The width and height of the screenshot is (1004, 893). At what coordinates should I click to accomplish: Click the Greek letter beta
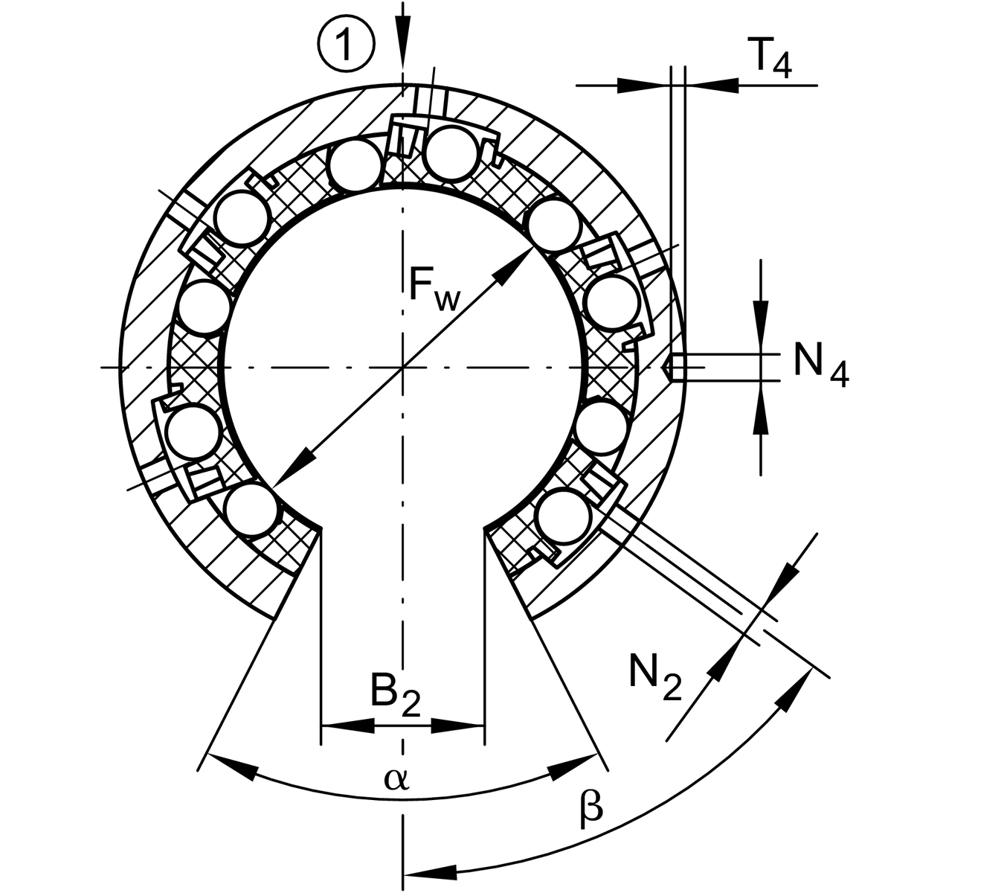click(x=591, y=809)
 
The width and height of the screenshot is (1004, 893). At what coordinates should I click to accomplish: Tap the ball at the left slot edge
click(x=253, y=509)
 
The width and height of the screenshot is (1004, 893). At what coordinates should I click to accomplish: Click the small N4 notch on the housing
click(x=671, y=367)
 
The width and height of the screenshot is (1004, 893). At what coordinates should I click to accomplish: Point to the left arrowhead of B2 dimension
click(x=349, y=725)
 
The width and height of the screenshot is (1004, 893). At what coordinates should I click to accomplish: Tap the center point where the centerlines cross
click(x=402, y=367)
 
